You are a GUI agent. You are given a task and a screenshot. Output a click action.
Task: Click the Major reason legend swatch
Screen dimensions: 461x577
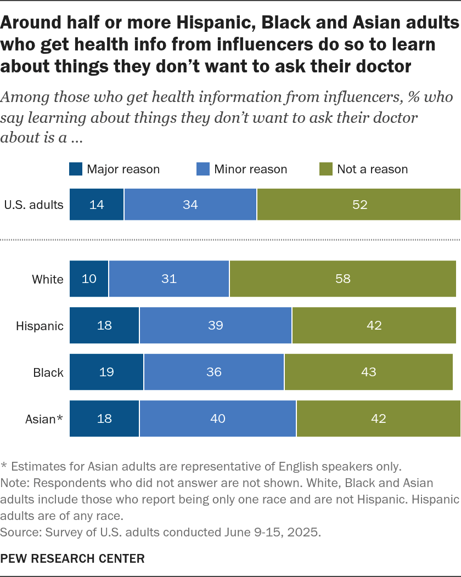coord(76,169)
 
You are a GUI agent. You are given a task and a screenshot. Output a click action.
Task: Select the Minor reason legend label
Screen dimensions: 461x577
coord(250,169)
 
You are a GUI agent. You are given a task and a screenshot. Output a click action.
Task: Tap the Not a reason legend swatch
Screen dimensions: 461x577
coord(326,169)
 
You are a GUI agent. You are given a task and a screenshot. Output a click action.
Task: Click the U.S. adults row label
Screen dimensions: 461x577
coord(33,205)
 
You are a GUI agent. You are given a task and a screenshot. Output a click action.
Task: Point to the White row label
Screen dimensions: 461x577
coord(48,279)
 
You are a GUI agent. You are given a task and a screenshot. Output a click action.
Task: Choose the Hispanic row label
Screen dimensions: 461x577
coord(40,326)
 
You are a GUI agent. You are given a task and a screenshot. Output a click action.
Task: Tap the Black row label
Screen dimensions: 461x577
coord(48,372)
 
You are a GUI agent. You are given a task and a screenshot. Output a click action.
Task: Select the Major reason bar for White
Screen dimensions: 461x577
coord(89,279)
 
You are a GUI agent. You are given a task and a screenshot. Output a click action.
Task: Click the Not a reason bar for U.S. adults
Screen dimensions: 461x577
coord(358,205)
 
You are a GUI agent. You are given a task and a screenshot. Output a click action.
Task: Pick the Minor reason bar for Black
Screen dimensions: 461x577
coord(214,372)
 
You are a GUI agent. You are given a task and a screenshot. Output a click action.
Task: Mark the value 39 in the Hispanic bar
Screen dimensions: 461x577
coord(215,325)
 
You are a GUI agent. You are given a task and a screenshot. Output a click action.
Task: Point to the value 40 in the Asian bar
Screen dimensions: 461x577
coord(218,418)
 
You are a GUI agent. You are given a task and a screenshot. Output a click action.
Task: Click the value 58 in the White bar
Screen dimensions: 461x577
coord(343,279)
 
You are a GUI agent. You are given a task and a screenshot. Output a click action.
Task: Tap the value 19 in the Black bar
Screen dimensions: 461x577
coord(106,372)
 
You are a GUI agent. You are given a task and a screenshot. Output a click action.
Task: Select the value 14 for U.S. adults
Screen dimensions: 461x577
coord(97,205)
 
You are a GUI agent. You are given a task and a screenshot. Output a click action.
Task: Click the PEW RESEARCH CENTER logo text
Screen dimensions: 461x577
coord(72,558)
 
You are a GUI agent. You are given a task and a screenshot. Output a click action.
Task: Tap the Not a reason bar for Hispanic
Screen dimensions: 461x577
coord(374,325)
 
